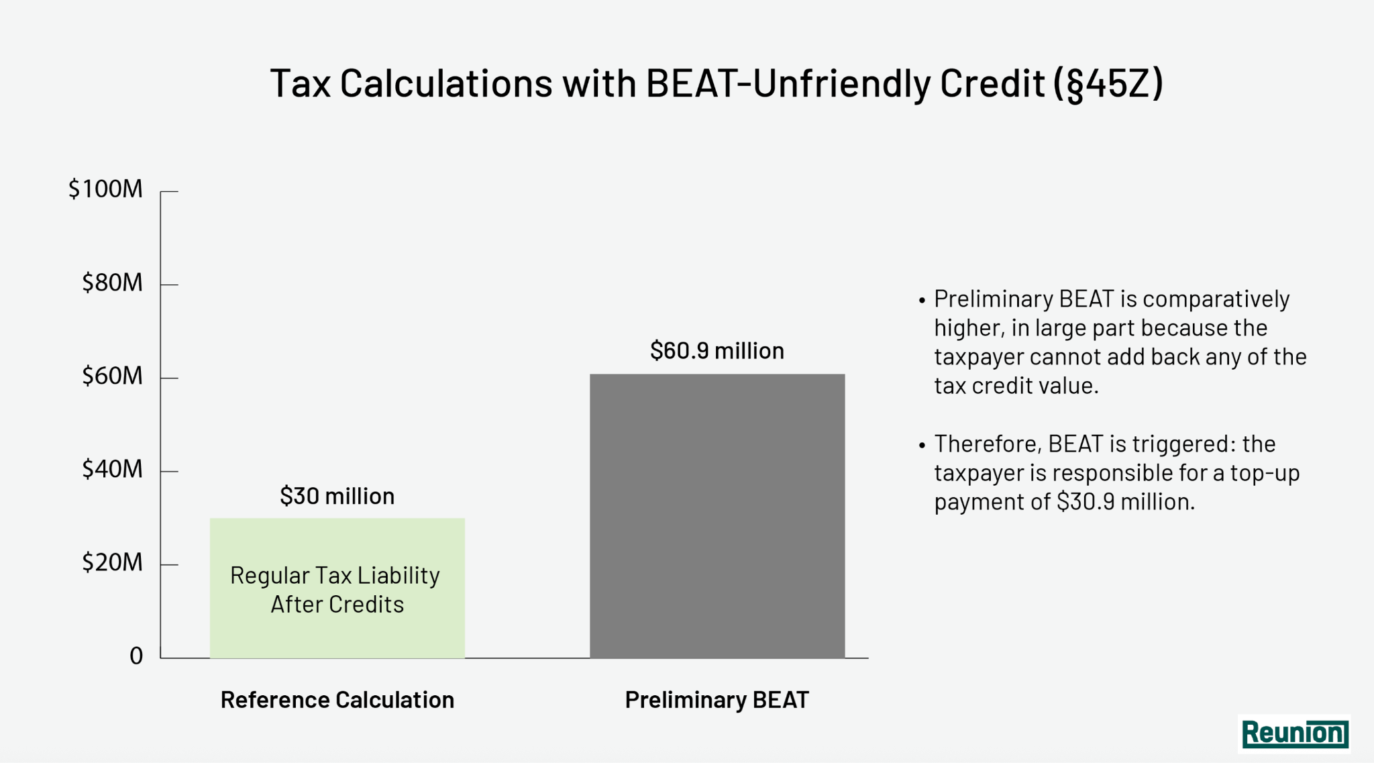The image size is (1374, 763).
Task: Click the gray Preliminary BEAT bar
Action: [x=717, y=516]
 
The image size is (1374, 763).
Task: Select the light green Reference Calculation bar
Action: [x=337, y=588]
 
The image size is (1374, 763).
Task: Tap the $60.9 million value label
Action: [x=717, y=350]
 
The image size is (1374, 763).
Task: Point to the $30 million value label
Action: [x=337, y=496]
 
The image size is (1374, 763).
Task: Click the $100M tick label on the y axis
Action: [x=106, y=189]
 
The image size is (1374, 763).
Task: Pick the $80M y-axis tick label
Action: [x=113, y=283]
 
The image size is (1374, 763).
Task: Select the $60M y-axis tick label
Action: [x=113, y=376]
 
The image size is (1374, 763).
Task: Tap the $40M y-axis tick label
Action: [x=113, y=469]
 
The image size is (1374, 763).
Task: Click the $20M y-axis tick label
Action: [x=113, y=562]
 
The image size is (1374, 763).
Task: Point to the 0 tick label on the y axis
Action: [x=136, y=656]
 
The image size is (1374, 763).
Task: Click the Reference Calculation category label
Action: [x=337, y=700]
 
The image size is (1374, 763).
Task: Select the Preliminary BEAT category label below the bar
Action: [x=717, y=700]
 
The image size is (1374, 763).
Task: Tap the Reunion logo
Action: [x=1294, y=733]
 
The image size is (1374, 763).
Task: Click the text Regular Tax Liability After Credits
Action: [x=336, y=590]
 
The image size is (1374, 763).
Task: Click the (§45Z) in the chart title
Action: [x=1108, y=84]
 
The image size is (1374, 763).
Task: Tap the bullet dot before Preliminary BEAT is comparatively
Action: [x=922, y=300]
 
